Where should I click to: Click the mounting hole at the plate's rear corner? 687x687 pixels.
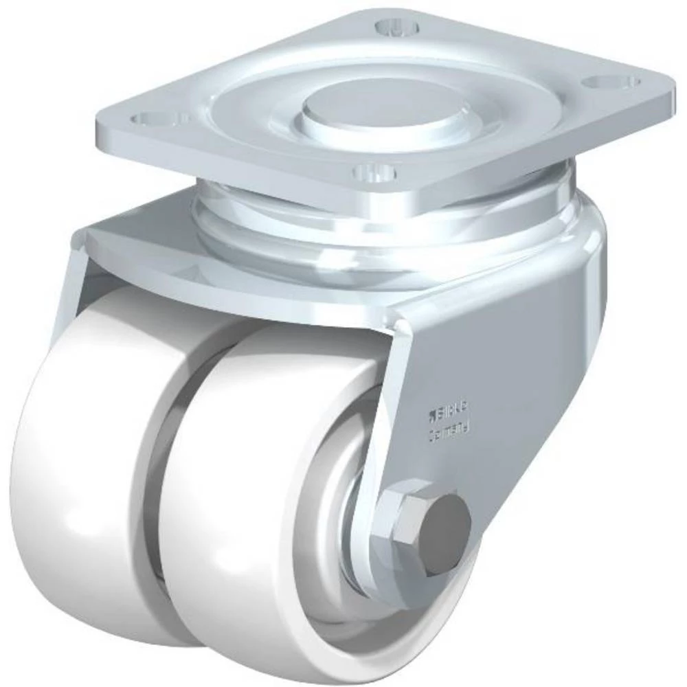click(x=398, y=28)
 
